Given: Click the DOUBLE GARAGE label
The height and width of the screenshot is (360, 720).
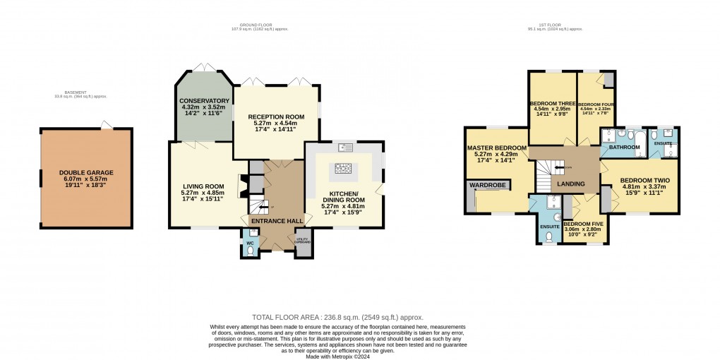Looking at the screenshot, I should coord(86,172).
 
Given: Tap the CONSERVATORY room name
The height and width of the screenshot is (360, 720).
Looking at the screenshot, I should coord(205,101).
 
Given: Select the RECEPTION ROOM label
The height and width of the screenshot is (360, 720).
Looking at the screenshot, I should coord(275,116).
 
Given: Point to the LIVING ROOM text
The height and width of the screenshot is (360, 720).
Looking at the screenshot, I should coord(202,186).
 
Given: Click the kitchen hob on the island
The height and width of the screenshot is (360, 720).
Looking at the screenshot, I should coord(343,169).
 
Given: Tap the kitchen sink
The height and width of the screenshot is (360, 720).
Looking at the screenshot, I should coord(346,147).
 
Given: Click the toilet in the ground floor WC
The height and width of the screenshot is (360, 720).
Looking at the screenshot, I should coord(250,250).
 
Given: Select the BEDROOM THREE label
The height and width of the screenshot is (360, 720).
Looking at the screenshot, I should coord(552,104).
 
